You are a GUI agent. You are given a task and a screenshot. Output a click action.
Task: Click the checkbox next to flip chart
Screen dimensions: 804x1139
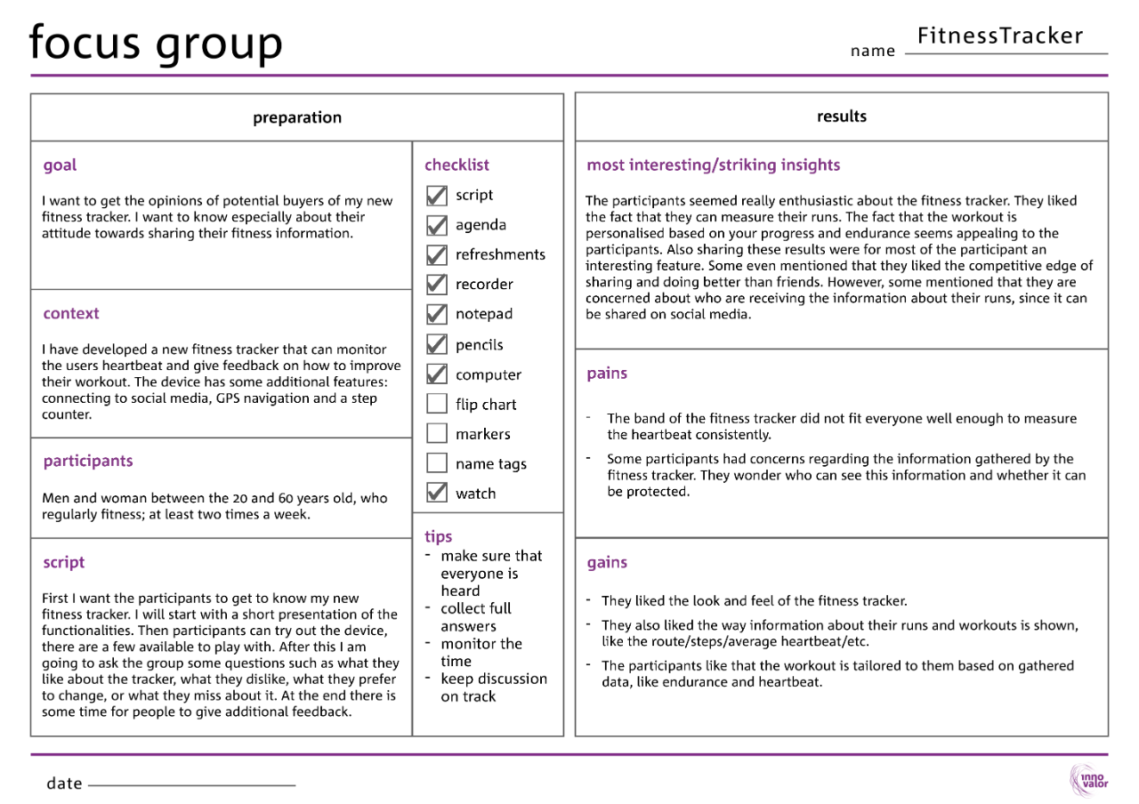(436, 404)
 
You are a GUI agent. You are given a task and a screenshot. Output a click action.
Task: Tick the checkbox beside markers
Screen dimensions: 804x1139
(436, 434)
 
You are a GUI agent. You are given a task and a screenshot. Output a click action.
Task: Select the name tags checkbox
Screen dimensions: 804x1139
(436, 463)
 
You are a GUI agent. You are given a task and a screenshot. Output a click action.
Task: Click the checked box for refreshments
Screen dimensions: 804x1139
(436, 254)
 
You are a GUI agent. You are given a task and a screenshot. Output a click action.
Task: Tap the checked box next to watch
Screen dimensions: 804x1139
(436, 493)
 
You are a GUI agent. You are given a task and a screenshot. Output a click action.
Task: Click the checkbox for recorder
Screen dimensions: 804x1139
(436, 284)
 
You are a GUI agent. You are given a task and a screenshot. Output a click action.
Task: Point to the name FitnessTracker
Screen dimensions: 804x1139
(1000, 36)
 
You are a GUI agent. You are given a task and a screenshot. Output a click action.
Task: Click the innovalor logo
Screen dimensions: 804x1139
(1087, 780)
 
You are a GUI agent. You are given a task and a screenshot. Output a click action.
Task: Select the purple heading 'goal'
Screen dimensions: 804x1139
(60, 165)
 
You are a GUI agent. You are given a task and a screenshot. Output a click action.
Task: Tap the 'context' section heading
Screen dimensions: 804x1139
(71, 313)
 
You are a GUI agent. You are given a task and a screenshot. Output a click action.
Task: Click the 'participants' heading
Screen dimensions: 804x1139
(87, 461)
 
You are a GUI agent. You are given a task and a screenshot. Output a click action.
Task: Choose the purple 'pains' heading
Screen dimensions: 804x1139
(607, 374)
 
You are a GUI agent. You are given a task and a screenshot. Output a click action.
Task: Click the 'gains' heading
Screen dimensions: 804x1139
(607, 562)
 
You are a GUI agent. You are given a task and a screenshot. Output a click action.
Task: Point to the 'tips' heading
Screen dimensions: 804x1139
(438, 536)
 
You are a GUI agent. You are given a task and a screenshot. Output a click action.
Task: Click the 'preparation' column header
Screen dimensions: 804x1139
(297, 117)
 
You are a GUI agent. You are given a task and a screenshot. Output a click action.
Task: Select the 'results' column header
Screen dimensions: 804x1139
(841, 117)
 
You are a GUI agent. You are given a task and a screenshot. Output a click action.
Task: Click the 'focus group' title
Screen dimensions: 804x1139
(156, 42)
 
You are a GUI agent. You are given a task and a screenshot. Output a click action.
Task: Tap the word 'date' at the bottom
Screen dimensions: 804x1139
(64, 784)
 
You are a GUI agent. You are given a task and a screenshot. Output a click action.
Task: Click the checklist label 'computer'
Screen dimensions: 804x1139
(489, 374)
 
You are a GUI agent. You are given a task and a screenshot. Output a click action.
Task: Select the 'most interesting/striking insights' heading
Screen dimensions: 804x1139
(713, 165)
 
